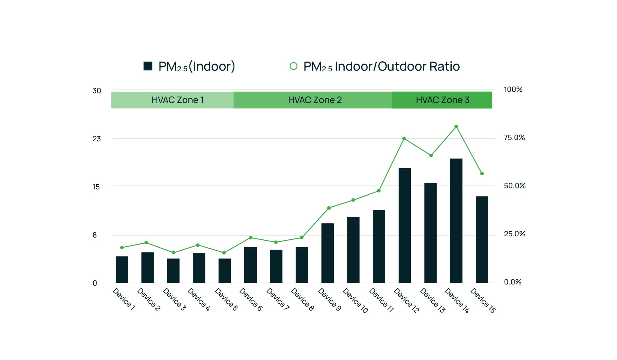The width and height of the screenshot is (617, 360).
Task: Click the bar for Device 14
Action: tap(456, 221)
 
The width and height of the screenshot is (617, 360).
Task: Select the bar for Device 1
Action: tap(122, 269)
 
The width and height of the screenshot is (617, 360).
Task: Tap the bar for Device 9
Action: tap(327, 253)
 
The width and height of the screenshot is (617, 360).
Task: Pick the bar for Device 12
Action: tap(404, 225)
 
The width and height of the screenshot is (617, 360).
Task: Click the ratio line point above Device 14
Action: tap(456, 127)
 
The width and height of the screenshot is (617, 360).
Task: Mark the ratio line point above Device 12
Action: tap(404, 139)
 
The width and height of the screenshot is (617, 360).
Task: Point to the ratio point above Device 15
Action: tap(482, 173)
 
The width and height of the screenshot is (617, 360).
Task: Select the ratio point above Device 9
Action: tap(329, 208)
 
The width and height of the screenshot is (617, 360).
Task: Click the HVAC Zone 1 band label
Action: tap(177, 100)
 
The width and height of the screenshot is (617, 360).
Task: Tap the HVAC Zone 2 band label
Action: tap(315, 100)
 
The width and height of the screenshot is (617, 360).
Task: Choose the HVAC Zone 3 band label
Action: tap(442, 100)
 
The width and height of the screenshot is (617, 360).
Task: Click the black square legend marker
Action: tap(148, 66)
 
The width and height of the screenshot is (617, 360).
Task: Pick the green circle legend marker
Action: tap(293, 66)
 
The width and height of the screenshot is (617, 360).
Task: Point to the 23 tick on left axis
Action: tap(97, 139)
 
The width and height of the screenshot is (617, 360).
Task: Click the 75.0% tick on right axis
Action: tap(514, 138)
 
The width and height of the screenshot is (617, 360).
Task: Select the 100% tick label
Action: tap(513, 89)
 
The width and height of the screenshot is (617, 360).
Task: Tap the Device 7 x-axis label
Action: tap(278, 299)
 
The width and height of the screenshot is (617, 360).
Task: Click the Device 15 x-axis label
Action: tap(483, 300)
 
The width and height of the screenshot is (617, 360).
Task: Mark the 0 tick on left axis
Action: tap(95, 283)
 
